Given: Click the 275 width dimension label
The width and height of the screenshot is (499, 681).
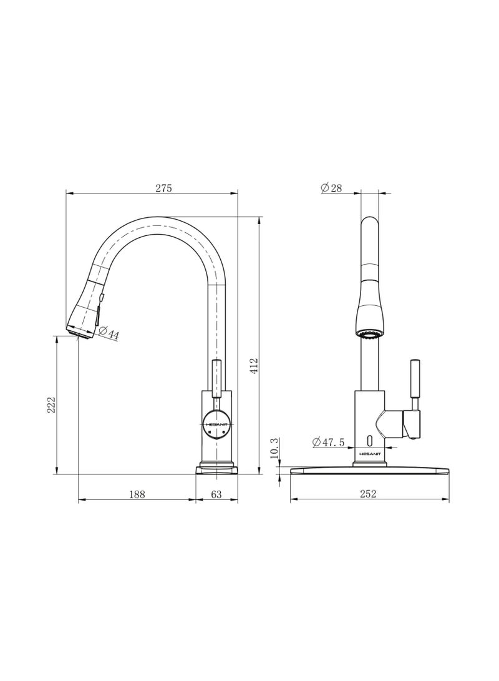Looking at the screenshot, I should coord(163,187).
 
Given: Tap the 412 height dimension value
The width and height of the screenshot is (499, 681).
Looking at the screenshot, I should coord(254,365).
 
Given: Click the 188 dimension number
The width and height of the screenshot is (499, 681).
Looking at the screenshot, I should coord(137,494).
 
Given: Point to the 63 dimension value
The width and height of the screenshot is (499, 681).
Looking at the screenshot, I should coord(216,494).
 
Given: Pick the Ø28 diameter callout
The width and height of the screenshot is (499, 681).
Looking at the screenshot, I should coord(331,187).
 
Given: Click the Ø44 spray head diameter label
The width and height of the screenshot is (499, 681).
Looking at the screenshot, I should coord(109,334).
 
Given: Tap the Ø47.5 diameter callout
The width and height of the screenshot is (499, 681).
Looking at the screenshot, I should coord(329,442).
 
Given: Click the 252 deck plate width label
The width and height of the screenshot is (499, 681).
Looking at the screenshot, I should coord(369,494).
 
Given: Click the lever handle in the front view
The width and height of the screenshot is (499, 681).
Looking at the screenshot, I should coord(414,381).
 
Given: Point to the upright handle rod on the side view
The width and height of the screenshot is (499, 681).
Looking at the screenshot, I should coord(216,378).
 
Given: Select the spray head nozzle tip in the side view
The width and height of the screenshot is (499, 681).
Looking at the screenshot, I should coord(80,333).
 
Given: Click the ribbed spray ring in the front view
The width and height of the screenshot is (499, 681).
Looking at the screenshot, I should coord(369,335).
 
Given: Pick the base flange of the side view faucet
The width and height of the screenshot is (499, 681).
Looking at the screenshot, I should coord(216,467).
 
